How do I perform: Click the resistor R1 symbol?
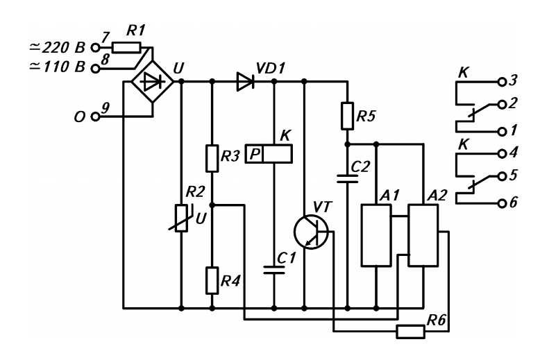[126, 47]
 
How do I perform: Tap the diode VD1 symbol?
[246, 82]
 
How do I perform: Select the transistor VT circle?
[311, 232]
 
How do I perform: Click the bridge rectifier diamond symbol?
[153, 82]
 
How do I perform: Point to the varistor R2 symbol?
[181, 218]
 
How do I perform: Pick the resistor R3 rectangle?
[212, 158]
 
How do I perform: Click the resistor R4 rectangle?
[212, 280]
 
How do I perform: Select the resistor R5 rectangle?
[347, 116]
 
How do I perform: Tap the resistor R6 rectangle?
[410, 332]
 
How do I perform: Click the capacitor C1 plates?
[274, 270]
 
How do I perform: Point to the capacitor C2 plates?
[348, 178]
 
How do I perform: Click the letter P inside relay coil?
[255, 154]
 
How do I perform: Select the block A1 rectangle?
[376, 235]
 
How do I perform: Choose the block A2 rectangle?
[423, 235]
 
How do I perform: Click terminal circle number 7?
[95, 47]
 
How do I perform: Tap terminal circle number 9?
[95, 117]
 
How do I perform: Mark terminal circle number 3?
[502, 82]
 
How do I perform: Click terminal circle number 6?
[502, 203]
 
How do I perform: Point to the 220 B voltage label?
[57, 47]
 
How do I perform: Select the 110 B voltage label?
[57, 67]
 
